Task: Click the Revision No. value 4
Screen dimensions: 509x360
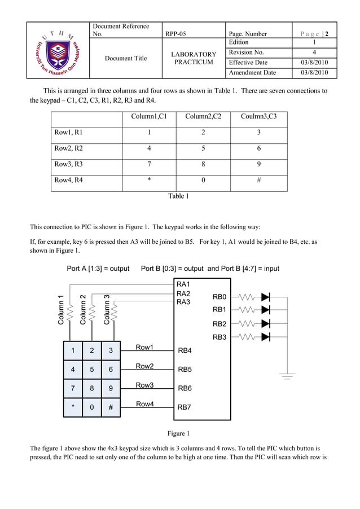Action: coord(314,52)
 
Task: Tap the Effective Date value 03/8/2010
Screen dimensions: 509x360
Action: coord(314,63)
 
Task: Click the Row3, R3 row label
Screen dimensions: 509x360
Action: coord(68,164)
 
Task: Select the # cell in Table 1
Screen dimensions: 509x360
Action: coord(258,181)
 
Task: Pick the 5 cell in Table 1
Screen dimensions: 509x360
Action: coord(203,148)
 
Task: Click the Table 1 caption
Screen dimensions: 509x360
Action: coord(178,196)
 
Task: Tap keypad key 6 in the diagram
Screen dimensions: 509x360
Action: coord(111,370)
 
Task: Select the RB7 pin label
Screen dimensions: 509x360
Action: coord(185,407)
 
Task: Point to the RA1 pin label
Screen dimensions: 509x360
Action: coord(183,284)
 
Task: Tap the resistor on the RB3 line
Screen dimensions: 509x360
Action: coord(248,337)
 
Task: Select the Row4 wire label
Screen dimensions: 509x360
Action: coord(145,404)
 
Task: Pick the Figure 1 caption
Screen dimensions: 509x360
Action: coord(178,433)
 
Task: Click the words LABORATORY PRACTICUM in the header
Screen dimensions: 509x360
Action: coord(194,58)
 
